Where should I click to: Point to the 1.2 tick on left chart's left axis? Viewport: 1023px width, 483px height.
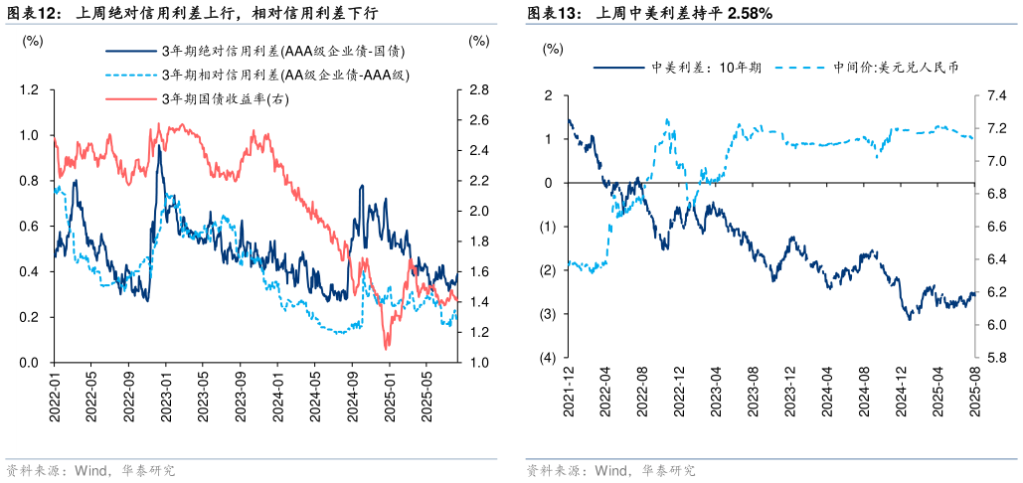[30, 90]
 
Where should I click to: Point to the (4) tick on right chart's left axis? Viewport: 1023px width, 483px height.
[546, 358]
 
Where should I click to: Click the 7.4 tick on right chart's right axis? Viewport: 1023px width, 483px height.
[995, 96]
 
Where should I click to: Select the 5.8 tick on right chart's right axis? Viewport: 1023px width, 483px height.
[995, 358]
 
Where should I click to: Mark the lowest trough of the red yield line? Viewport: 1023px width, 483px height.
[387, 348]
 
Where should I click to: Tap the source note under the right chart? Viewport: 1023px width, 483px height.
[609, 470]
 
